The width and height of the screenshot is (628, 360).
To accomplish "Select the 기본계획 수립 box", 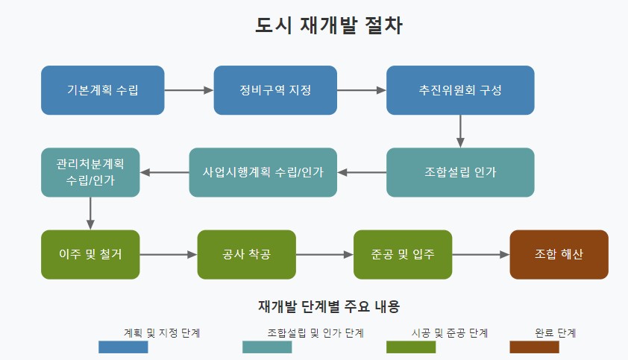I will point(103,90).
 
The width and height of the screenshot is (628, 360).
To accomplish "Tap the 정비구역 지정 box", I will point(275,90).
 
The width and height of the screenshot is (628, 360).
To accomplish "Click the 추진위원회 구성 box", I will point(460,90).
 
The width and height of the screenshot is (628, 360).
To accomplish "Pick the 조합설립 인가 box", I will point(460,172).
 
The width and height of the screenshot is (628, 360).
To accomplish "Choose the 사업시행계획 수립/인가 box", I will point(263,172).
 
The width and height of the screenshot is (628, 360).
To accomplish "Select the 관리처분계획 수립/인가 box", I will point(90,172).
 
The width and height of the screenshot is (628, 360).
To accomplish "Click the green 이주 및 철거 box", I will point(90,254).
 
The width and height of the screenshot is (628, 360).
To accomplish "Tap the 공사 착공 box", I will point(246,254).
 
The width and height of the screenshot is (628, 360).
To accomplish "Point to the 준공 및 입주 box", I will point(403,254).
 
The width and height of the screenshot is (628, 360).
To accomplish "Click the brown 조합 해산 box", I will point(559,254).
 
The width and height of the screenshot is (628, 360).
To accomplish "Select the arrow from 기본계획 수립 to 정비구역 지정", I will point(189,90).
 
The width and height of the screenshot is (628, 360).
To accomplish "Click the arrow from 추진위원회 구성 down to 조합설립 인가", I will point(460,131).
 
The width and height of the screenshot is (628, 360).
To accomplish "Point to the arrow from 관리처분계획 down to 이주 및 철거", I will point(90,213).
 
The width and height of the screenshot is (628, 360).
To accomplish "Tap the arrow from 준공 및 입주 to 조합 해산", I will point(480,254).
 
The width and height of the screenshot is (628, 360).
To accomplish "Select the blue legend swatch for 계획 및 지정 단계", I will point(123,347).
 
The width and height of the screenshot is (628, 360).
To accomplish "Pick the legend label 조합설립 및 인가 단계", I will point(315,332).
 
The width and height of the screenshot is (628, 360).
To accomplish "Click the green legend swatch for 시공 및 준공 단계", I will point(411,347).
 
